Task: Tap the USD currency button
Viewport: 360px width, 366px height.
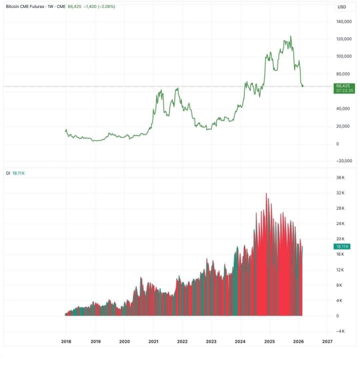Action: click(342, 7)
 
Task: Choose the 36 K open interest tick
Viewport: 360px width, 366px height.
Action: click(341, 178)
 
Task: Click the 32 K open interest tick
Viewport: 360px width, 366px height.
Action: click(341, 193)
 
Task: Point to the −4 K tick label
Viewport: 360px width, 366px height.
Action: click(340, 331)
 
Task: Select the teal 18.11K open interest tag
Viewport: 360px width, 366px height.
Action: click(342, 246)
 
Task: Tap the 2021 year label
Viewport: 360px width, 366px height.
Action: click(153, 342)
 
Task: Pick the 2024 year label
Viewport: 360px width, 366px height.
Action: click(240, 342)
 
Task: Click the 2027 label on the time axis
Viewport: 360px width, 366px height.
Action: click(327, 342)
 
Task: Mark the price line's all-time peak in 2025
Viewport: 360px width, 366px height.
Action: click(290, 36)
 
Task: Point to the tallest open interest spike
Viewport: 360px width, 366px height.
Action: click(266, 194)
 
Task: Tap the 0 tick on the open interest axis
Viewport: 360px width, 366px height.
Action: click(337, 316)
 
